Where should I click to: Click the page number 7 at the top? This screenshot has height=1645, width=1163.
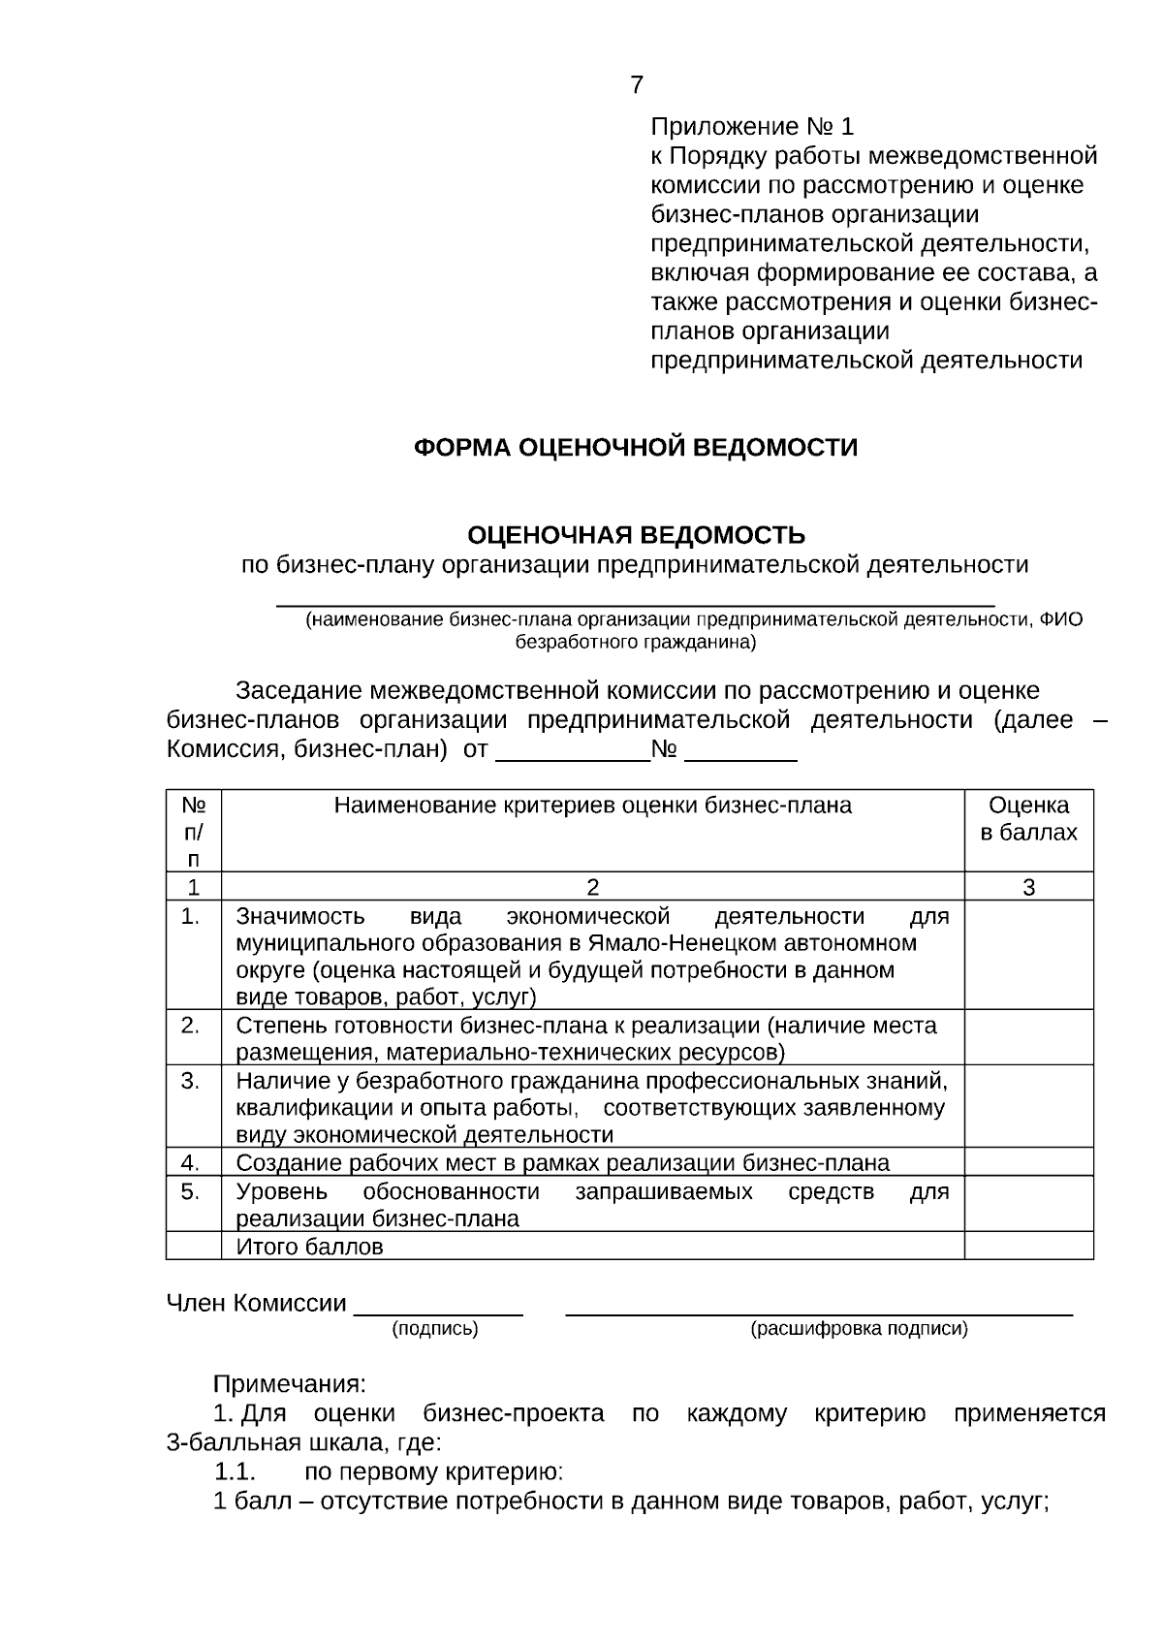[x=636, y=85]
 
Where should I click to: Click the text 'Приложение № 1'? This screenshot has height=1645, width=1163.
[x=752, y=127]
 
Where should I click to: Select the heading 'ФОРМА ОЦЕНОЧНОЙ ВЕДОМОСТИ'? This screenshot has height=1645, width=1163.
[x=636, y=448]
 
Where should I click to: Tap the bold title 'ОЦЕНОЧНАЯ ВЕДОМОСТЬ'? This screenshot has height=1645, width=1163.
[x=636, y=535]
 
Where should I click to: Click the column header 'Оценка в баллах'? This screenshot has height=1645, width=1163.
[x=1028, y=819]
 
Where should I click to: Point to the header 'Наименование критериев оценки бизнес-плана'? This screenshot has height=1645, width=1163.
[x=592, y=806]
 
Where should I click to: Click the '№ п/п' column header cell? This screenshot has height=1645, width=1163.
[x=194, y=831]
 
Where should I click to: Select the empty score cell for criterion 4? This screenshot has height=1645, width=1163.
[x=1028, y=1162]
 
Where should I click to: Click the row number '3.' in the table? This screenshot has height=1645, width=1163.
[x=190, y=1080]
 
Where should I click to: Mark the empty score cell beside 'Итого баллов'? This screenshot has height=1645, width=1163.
[x=1028, y=1247]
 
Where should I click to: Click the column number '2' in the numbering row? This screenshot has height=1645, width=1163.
[x=592, y=887]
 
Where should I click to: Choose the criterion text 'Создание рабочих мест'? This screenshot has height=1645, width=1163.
[x=388, y=1163]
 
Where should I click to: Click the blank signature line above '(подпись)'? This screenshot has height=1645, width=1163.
[x=438, y=1307]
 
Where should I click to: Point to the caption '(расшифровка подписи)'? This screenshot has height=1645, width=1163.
[x=859, y=1329]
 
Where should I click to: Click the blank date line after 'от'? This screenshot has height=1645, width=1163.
[x=572, y=753]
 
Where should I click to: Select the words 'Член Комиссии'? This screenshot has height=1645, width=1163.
[x=256, y=1304]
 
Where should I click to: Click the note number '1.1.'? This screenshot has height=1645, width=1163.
[x=234, y=1472]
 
